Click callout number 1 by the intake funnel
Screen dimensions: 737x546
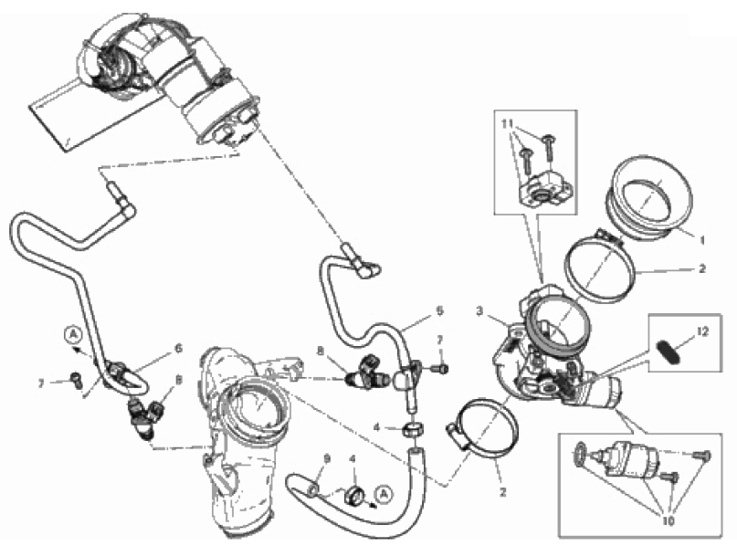click(702, 240)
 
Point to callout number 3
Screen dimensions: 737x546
click(479, 311)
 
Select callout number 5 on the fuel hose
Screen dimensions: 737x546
click(439, 311)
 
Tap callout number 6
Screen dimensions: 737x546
click(178, 348)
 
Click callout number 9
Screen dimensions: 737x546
click(327, 458)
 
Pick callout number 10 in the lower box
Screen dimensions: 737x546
click(668, 521)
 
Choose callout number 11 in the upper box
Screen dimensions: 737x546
click(507, 124)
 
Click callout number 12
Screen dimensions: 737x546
click(702, 331)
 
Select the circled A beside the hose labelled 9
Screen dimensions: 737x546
click(384, 493)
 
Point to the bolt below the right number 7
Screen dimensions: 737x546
click(441, 369)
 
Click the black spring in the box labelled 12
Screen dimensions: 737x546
click(668, 352)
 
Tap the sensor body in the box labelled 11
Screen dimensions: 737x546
click(546, 189)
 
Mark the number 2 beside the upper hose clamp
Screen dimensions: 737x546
click(702, 268)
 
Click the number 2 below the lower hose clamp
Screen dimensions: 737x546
click(503, 492)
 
